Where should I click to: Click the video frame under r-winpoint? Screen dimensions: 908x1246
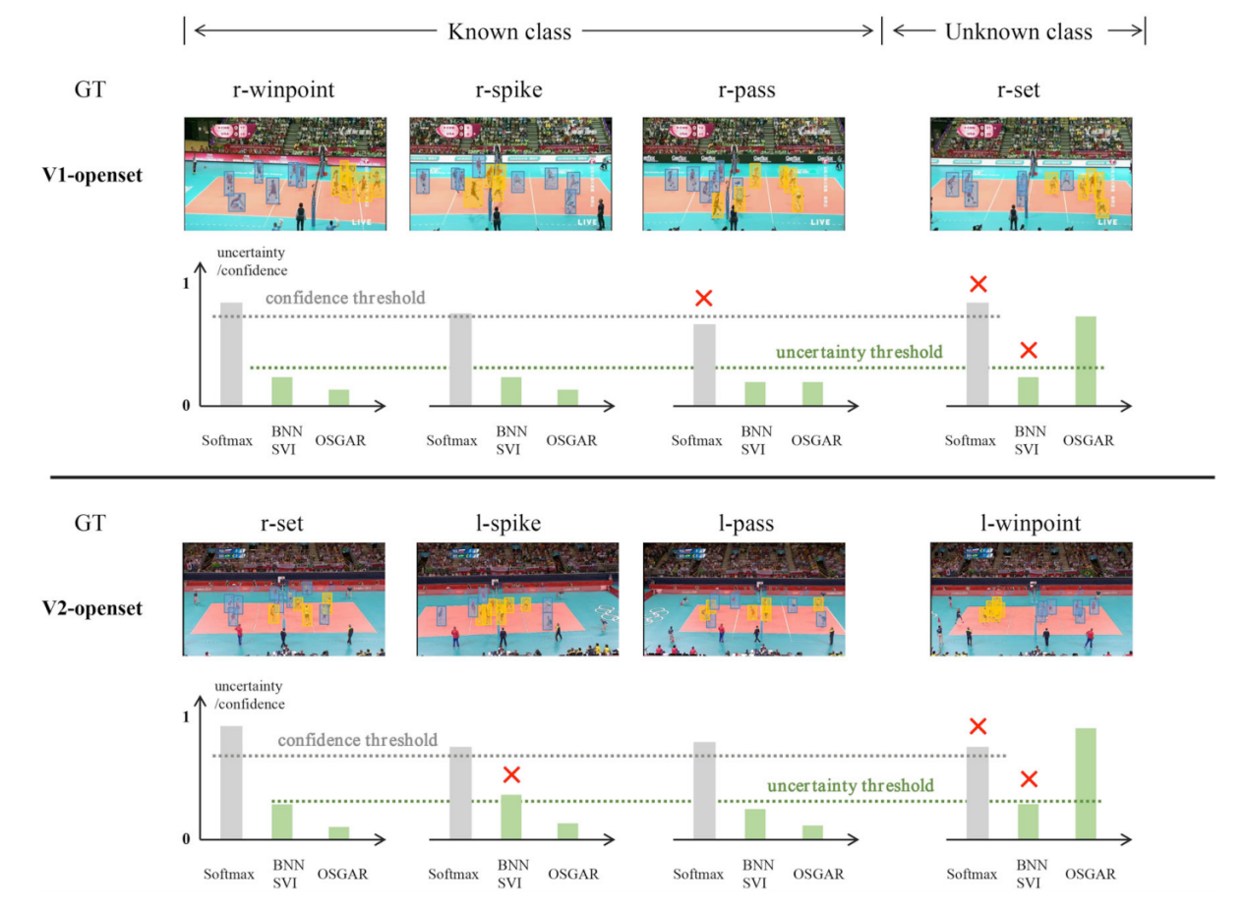point(285,174)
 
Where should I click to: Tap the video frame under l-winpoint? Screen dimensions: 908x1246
point(1031,598)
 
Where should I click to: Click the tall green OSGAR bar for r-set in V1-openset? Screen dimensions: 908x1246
point(1087,361)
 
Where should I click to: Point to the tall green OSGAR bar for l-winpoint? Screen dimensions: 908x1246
point(1087,783)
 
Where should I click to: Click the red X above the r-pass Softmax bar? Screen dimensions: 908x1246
point(703,298)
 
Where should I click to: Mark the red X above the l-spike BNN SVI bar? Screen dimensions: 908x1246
point(510,774)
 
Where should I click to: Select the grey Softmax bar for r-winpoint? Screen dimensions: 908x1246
point(231,354)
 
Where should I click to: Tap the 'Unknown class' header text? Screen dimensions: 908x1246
point(1018,31)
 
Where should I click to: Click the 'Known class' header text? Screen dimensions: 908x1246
point(509,31)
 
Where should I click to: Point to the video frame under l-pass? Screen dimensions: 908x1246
point(743,598)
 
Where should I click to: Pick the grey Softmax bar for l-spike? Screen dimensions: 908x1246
point(460,792)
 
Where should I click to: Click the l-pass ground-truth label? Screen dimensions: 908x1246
point(744,524)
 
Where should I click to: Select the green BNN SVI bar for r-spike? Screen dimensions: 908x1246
point(510,391)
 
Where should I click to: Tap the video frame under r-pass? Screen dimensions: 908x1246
point(743,174)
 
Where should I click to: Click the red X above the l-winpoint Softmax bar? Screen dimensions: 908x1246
point(978,726)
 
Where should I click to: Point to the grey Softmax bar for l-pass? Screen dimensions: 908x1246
point(705,790)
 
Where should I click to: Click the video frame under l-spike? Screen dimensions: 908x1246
point(517,598)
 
